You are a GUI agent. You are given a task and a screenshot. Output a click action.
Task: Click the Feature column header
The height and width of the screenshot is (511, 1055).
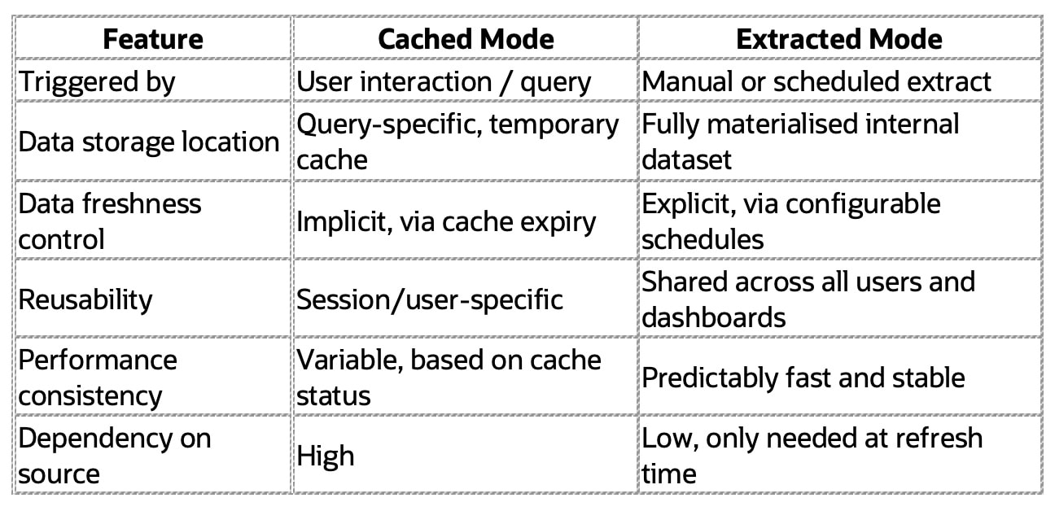[x=153, y=38]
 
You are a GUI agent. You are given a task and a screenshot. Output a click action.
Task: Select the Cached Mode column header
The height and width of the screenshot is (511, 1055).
[x=466, y=38]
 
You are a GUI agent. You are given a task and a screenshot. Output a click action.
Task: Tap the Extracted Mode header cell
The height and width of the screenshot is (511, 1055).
[x=839, y=38]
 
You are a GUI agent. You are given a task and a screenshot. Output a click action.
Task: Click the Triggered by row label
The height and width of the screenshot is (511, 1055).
[x=97, y=82]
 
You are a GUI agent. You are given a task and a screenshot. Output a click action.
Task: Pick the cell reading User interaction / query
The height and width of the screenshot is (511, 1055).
[x=444, y=82]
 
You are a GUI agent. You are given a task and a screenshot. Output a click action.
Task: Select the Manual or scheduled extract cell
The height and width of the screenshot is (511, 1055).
[x=816, y=81]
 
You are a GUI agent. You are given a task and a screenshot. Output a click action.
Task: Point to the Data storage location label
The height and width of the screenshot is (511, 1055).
[x=149, y=142]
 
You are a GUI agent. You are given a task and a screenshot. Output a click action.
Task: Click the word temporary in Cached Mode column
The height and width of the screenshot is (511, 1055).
[x=554, y=124]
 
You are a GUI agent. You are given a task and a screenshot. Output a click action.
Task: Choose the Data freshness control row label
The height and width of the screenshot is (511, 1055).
[x=110, y=221]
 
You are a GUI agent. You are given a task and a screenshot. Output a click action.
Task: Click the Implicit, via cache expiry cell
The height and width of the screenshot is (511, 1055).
[x=446, y=221]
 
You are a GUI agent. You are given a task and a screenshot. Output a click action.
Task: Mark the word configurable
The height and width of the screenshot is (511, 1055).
[x=863, y=204]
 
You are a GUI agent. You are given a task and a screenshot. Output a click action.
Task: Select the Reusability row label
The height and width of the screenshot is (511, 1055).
[x=85, y=300]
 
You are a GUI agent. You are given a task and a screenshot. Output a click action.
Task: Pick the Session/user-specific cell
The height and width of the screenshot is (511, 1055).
[x=430, y=300]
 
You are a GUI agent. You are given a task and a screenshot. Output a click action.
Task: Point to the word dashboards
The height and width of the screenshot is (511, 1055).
[x=714, y=317]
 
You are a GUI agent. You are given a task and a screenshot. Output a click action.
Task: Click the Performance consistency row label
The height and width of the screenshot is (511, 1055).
[x=98, y=378]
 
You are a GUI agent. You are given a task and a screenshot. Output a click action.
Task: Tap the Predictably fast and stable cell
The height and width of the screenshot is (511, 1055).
[x=803, y=378]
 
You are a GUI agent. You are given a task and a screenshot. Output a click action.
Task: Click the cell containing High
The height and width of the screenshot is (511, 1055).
[x=325, y=456]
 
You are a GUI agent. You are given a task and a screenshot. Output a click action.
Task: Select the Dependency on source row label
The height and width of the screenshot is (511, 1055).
[x=115, y=456]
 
